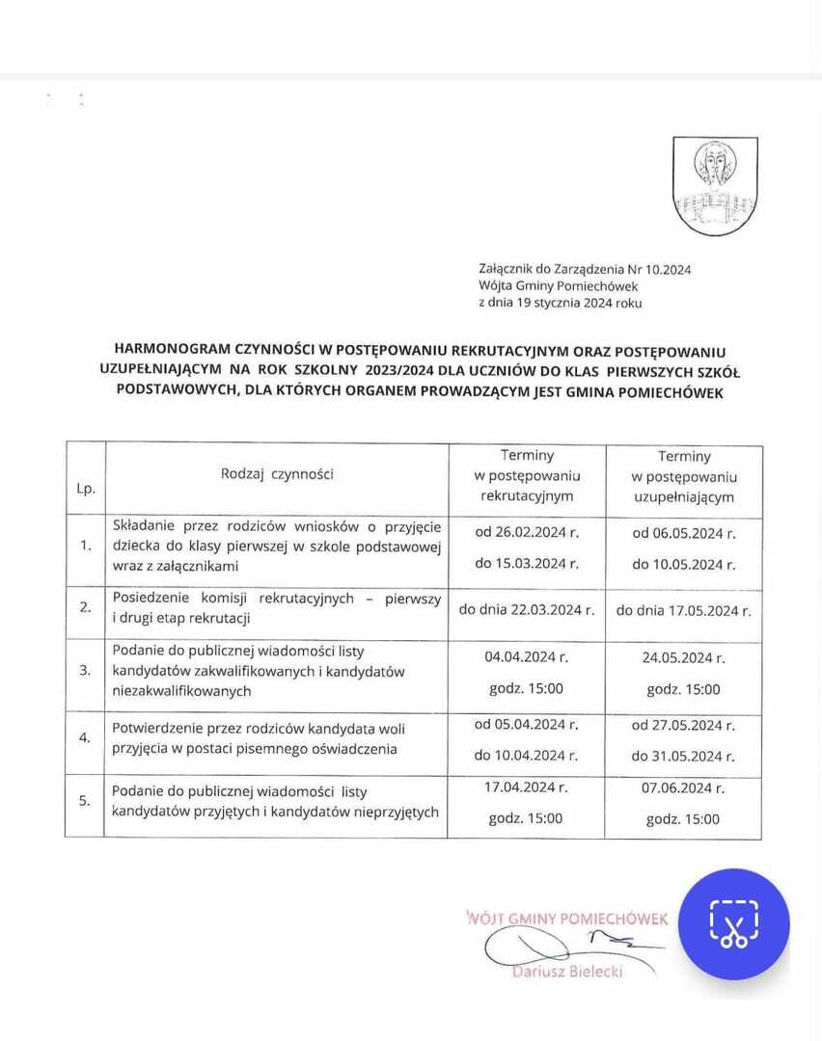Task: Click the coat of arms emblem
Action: point(715,185)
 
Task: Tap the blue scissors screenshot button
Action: point(733,923)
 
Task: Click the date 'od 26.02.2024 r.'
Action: point(527,532)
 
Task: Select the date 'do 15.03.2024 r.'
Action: point(527,563)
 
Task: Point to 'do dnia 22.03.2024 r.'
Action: point(527,609)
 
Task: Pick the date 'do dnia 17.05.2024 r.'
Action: point(683,610)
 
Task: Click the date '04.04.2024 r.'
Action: point(527,656)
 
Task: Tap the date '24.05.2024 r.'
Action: point(683,657)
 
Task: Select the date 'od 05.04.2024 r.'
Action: point(527,724)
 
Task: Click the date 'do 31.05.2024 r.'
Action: point(683,756)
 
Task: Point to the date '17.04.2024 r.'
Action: point(527,787)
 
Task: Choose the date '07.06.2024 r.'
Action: point(683,787)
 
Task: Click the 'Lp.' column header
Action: point(86,489)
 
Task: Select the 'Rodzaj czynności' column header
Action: point(277,473)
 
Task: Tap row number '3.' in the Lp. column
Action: point(86,670)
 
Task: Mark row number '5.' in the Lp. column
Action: point(86,800)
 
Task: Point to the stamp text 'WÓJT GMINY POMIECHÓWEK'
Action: point(567,919)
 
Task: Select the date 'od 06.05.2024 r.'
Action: point(683,533)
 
